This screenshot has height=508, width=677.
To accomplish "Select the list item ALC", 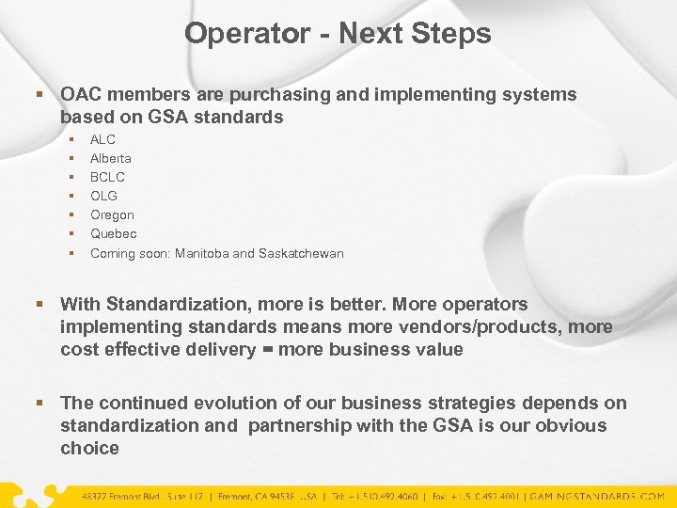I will (x=102, y=139).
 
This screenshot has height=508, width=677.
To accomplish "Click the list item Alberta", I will (x=111, y=158).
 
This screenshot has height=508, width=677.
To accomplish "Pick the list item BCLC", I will (x=107, y=177).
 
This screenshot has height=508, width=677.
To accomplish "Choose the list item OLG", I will (x=104, y=196).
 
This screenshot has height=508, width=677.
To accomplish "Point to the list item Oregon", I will (x=112, y=214).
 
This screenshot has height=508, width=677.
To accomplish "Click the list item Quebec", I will (x=113, y=233).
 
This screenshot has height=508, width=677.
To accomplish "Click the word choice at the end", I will (x=89, y=448).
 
